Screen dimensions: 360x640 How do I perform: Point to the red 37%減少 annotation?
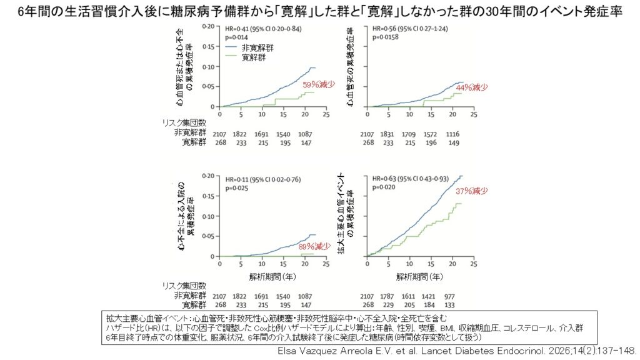click(472, 191)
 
